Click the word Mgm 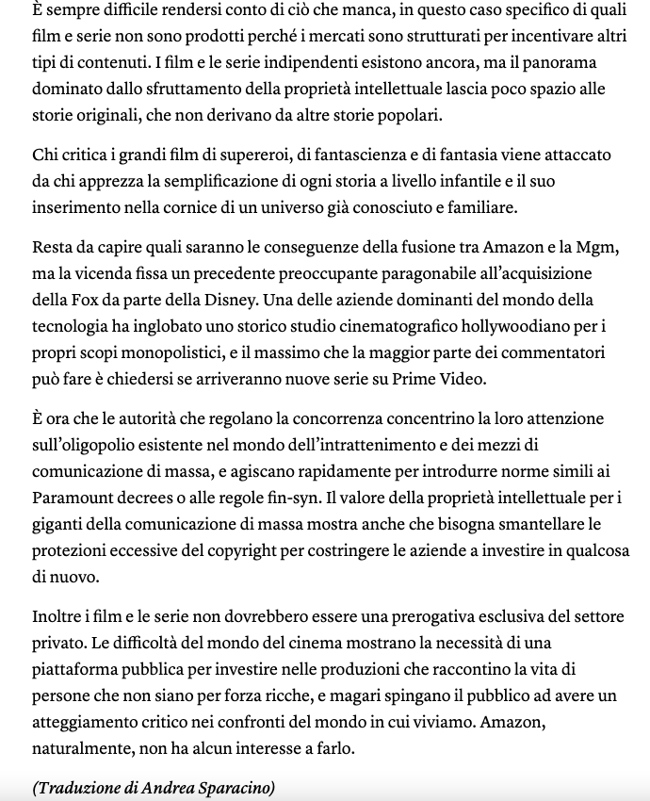pyautogui.click(x=599, y=248)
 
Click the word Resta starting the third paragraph pyautogui.click(x=53, y=248)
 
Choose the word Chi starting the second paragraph pyautogui.click(x=45, y=154)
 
